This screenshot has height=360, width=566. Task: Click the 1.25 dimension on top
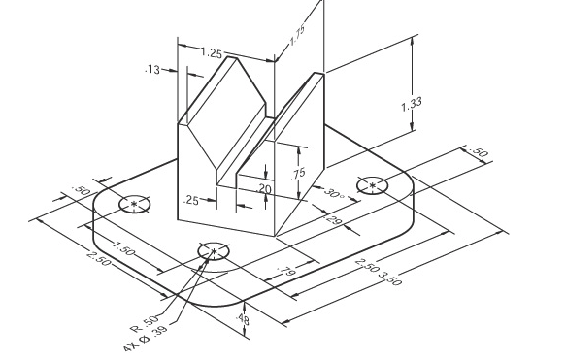pos(211,52)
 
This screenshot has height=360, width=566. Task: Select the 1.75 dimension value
pos(296,38)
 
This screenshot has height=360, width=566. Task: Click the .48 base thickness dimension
pos(243,320)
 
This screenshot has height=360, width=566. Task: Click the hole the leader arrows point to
pos(213,252)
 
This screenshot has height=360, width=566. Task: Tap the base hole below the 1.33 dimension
pos(373,185)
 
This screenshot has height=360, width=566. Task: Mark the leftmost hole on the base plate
pos(134,204)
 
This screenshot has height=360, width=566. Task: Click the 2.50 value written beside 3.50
pos(366,264)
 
